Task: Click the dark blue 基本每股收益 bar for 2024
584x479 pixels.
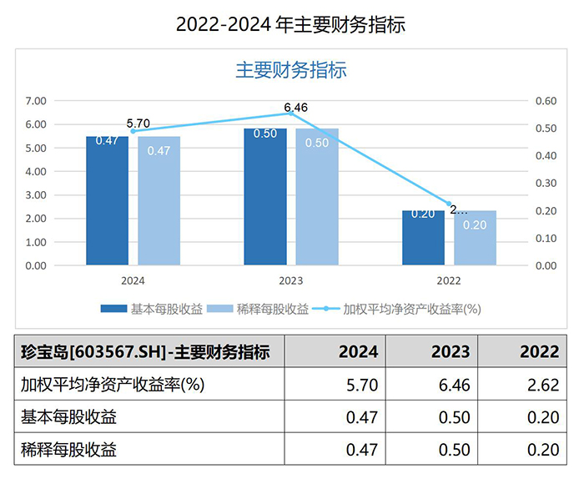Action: point(107,200)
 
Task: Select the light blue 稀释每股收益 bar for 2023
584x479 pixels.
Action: point(317,197)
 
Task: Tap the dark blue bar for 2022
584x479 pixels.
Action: point(423,238)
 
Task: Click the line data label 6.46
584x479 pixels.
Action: point(296,107)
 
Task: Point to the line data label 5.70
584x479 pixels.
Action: point(138,124)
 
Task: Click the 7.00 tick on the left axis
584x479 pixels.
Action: point(35,101)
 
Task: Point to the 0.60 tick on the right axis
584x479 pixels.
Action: point(546,101)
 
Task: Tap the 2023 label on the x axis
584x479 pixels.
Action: point(290,281)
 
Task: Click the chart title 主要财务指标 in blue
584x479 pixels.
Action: point(290,70)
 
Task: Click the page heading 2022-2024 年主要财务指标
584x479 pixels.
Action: point(290,24)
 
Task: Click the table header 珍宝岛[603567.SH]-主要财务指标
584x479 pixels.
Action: point(145,351)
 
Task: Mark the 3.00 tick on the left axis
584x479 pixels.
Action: point(35,195)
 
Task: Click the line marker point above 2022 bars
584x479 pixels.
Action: point(449,204)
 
